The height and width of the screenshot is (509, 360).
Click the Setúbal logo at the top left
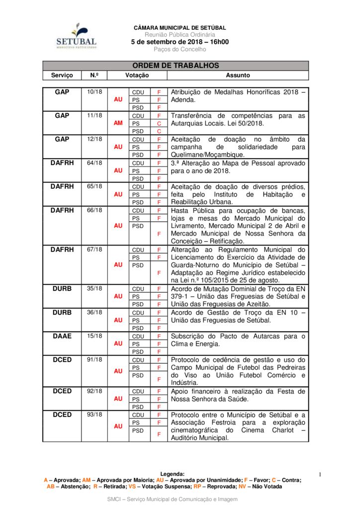click(76, 36)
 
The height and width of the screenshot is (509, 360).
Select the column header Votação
click(137, 76)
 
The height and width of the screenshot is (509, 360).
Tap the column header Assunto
click(238, 76)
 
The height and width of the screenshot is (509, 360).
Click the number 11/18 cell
click(94, 115)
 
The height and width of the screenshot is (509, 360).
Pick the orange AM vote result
click(118, 123)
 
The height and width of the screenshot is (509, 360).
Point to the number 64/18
click(94, 163)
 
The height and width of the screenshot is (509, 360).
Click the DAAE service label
click(62, 336)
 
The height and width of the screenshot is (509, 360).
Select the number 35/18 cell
click(94, 288)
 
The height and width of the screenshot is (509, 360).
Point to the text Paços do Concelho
click(180, 50)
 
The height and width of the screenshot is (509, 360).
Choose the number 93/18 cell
click(94, 415)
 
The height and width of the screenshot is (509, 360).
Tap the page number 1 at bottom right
click(320, 475)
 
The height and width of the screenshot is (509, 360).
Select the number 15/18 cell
click(94, 336)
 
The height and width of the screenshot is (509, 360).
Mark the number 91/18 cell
click(94, 359)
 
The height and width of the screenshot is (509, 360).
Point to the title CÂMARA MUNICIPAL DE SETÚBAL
click(180, 28)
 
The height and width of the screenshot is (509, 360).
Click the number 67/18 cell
click(94, 250)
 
